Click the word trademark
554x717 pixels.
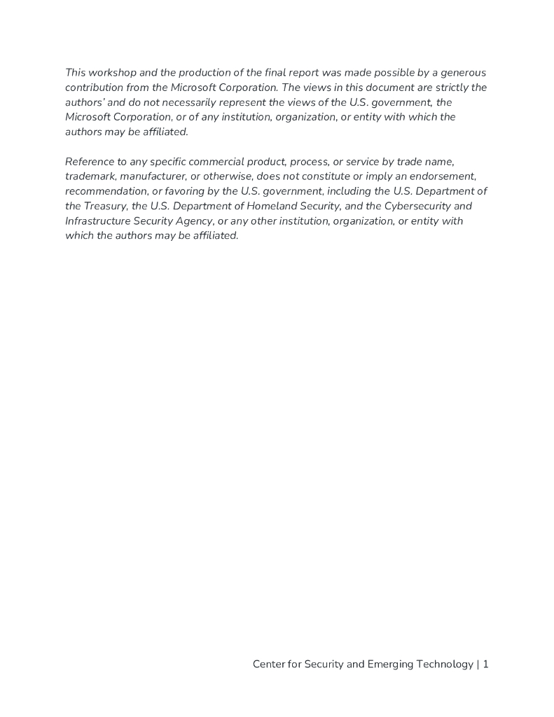point(90,176)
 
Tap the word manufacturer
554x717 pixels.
point(153,176)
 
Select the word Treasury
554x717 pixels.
point(104,206)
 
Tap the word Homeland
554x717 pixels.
point(275,206)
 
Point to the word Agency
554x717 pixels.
point(194,221)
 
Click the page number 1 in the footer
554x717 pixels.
point(485,664)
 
